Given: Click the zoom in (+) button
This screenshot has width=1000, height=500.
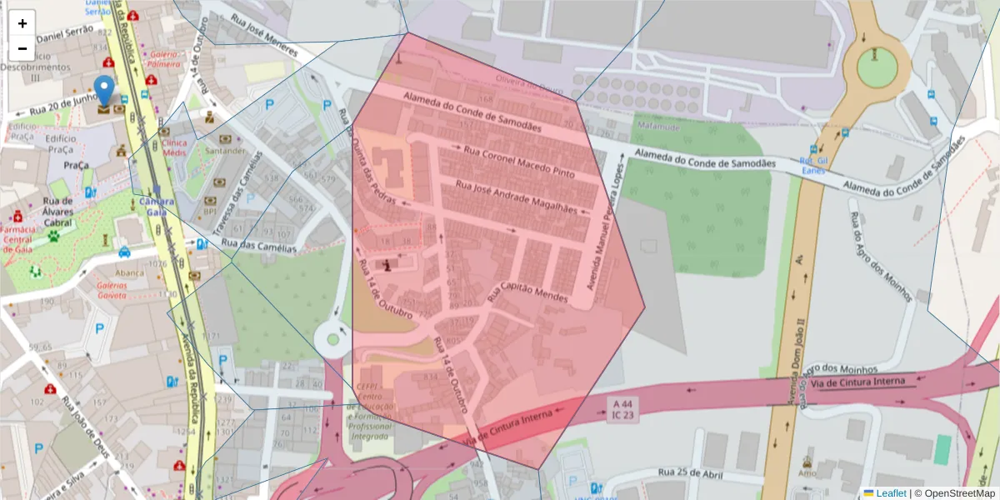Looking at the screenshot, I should (x=22, y=23).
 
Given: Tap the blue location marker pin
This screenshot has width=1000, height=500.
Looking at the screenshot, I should (x=104, y=90).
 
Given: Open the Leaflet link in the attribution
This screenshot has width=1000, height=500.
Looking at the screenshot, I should (x=891, y=493).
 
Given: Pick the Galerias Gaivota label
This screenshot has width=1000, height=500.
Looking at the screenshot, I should (x=112, y=289).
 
